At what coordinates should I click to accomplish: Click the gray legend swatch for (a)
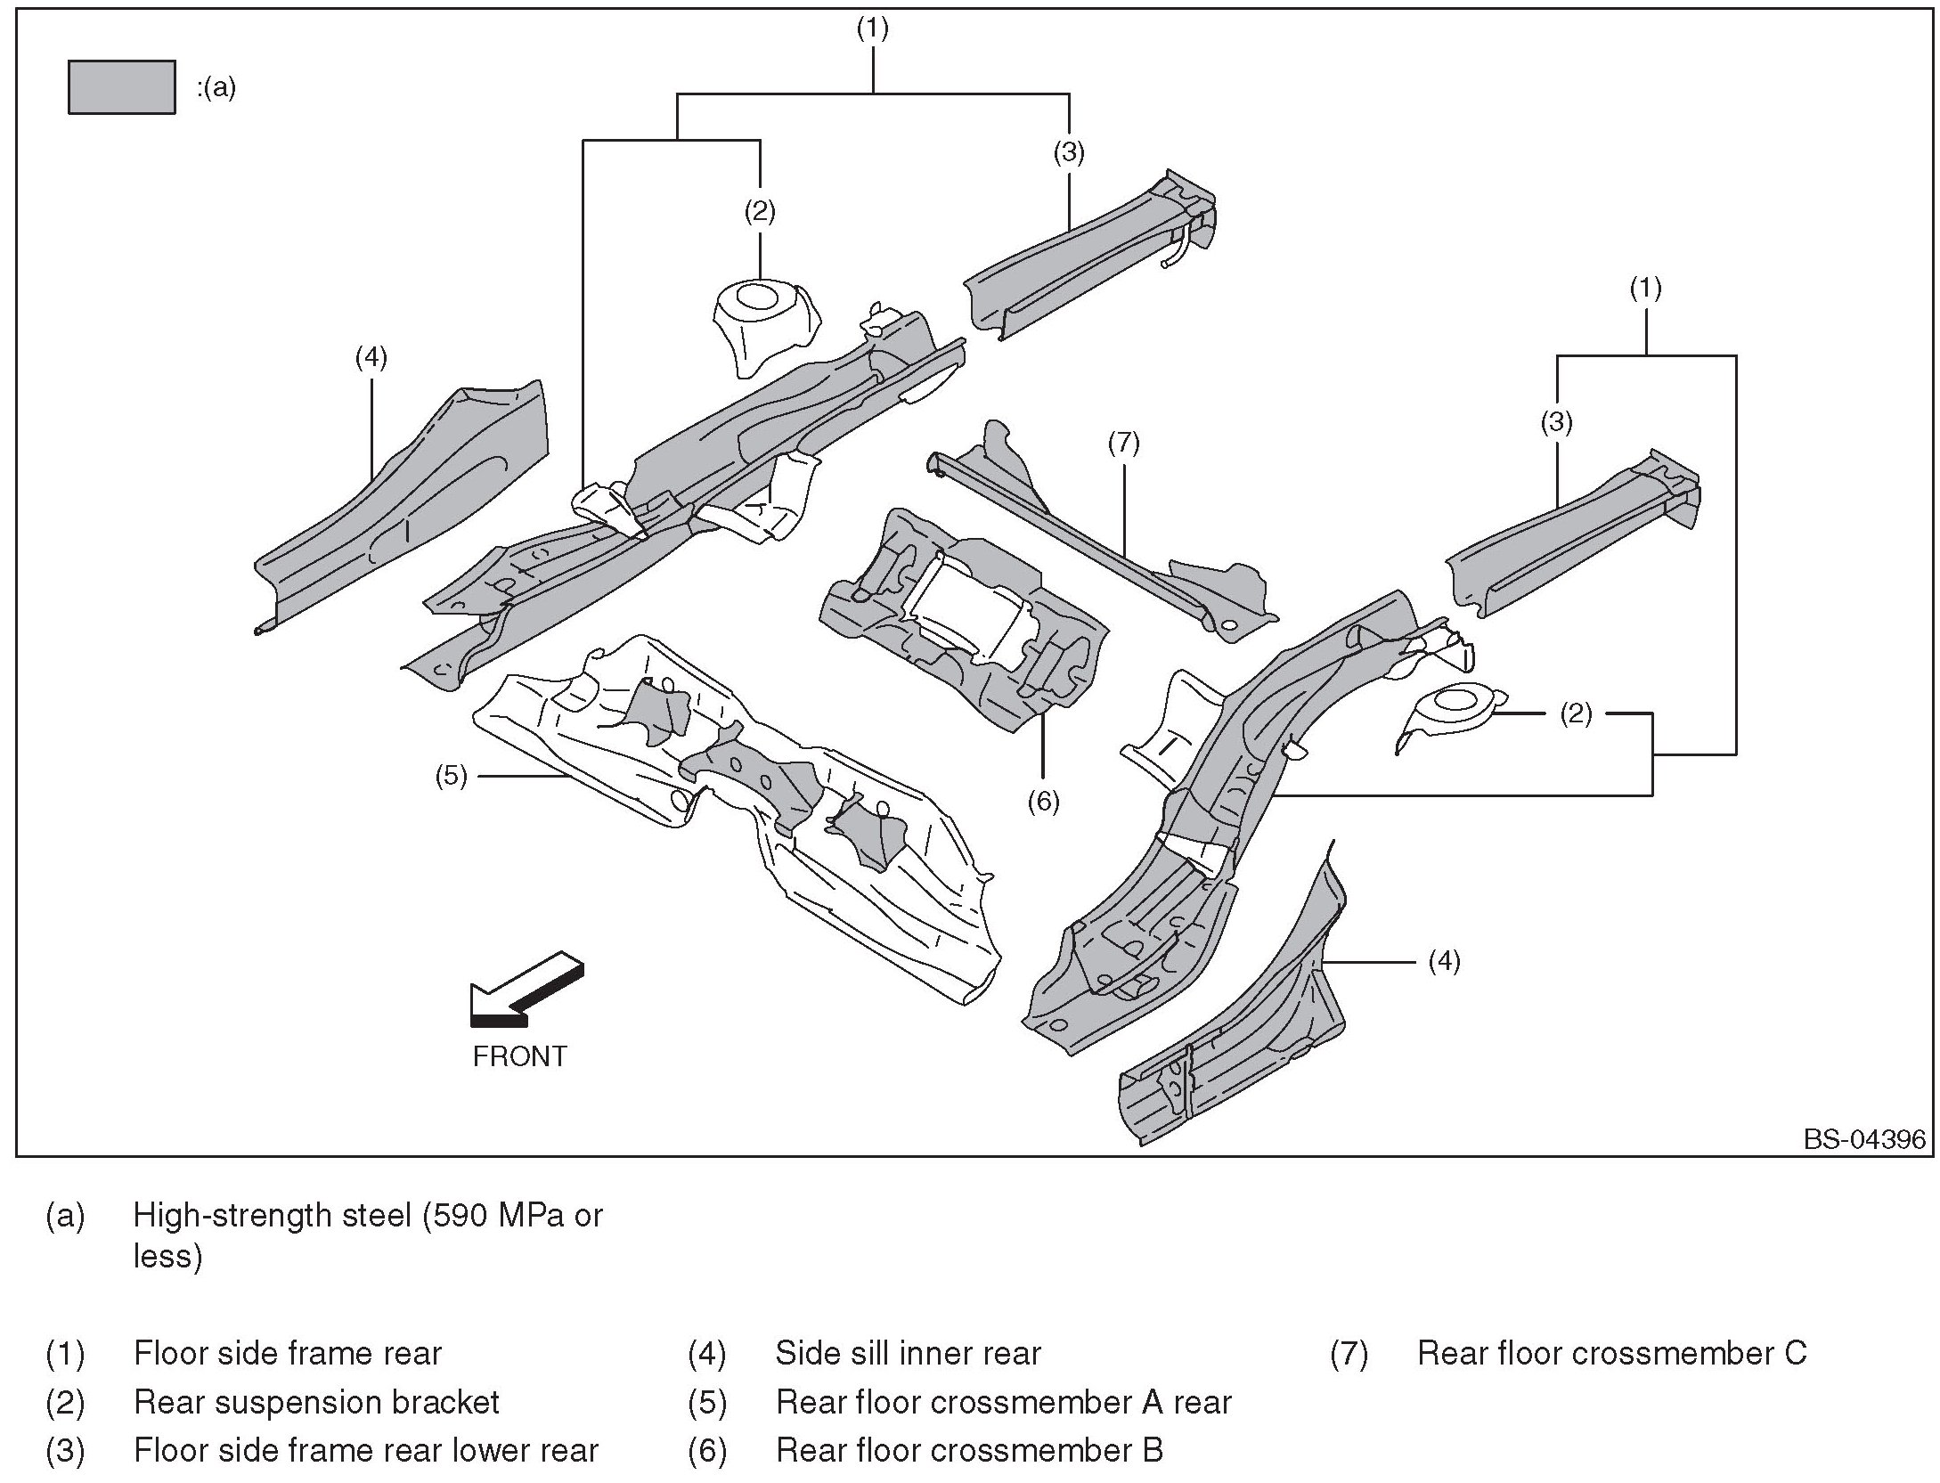pos(121,87)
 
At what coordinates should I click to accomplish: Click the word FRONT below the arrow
pos(519,1056)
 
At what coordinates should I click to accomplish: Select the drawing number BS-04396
pos(1864,1140)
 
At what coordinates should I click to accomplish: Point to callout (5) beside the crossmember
pos(451,776)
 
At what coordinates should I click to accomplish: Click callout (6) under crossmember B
pos(1043,802)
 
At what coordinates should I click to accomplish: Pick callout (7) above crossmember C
pos(1123,443)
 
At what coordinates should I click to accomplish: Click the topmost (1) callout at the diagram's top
pos(872,29)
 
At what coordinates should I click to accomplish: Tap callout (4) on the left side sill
pos(371,357)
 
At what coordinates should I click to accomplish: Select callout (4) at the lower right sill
pos(1444,961)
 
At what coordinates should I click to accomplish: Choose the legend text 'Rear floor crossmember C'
pos(1611,1353)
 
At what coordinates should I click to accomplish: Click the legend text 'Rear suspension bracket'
pos(316,1402)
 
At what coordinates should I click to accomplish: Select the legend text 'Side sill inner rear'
pos(908,1353)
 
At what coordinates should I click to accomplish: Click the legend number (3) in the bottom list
pos(65,1451)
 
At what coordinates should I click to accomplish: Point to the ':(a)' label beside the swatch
pos(216,87)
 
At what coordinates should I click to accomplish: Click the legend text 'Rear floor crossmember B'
pos(969,1451)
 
